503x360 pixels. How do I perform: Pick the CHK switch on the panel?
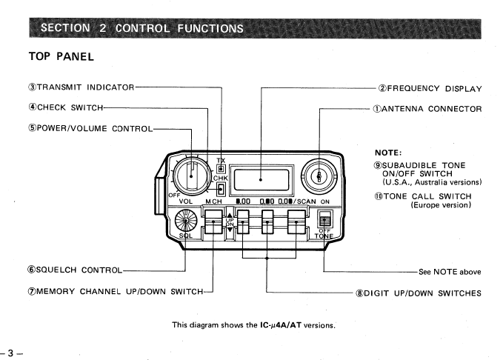221,188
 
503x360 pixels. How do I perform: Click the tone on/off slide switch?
323,220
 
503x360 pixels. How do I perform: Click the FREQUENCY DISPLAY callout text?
430,88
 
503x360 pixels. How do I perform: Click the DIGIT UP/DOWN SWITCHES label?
419,293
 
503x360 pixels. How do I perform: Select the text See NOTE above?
450,272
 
